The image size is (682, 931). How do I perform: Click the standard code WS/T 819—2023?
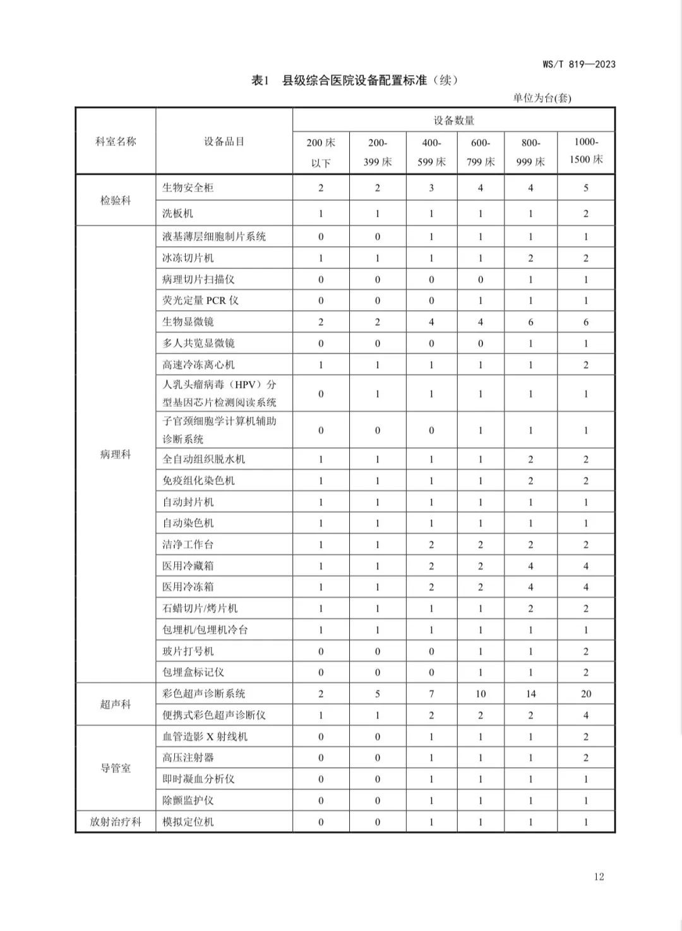click(x=578, y=64)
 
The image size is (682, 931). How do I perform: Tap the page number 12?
click(x=599, y=876)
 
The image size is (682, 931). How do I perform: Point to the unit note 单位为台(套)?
click(x=542, y=98)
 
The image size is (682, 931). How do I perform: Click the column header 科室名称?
click(x=116, y=141)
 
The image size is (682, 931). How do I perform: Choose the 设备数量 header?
click(x=453, y=120)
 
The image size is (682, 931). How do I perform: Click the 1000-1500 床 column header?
click(x=585, y=151)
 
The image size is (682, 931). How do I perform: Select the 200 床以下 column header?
click(x=321, y=152)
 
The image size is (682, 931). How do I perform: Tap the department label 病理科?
click(x=116, y=454)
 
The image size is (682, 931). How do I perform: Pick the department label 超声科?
click(x=116, y=704)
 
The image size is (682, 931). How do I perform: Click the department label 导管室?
click(x=116, y=768)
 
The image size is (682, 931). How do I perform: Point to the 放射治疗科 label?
click(x=116, y=822)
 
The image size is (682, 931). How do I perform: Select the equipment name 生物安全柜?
click(x=188, y=188)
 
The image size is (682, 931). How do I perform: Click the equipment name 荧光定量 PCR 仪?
click(x=200, y=300)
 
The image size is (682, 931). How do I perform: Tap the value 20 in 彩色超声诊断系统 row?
click(x=585, y=694)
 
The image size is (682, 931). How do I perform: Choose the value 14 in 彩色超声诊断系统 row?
click(x=530, y=694)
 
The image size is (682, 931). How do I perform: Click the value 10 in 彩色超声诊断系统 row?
click(x=481, y=694)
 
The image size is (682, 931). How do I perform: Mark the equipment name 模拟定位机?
click(x=188, y=822)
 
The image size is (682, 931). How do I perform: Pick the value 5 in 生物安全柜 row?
click(x=585, y=188)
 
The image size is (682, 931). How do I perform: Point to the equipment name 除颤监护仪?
click(x=188, y=800)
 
